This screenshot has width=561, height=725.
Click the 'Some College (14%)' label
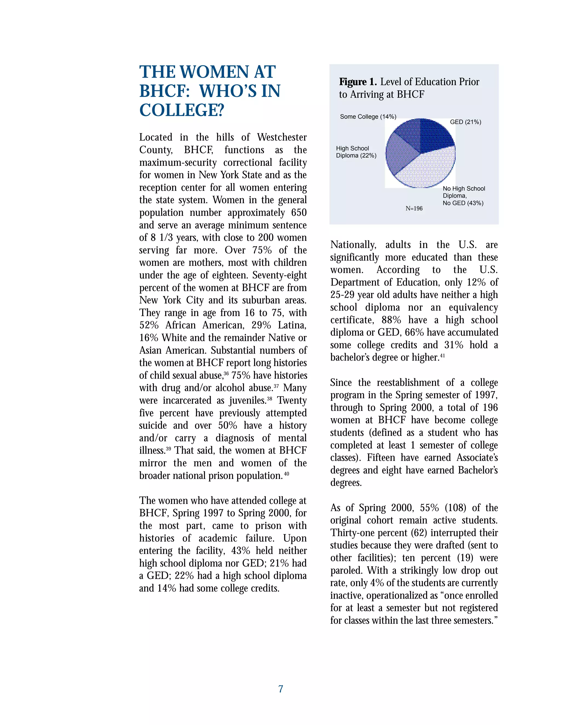[368, 117]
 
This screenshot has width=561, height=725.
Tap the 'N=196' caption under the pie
[414, 208]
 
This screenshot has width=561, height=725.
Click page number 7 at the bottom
[280, 689]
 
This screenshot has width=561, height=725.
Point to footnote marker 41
[442, 356]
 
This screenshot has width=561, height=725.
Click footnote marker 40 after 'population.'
[287, 474]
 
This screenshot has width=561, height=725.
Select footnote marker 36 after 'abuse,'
[226, 373]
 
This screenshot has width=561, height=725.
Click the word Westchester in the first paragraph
[282, 137]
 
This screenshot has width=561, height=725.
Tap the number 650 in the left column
[299, 213]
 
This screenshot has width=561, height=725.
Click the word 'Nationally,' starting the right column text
[353, 245]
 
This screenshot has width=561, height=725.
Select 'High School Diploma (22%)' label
[356, 152]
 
